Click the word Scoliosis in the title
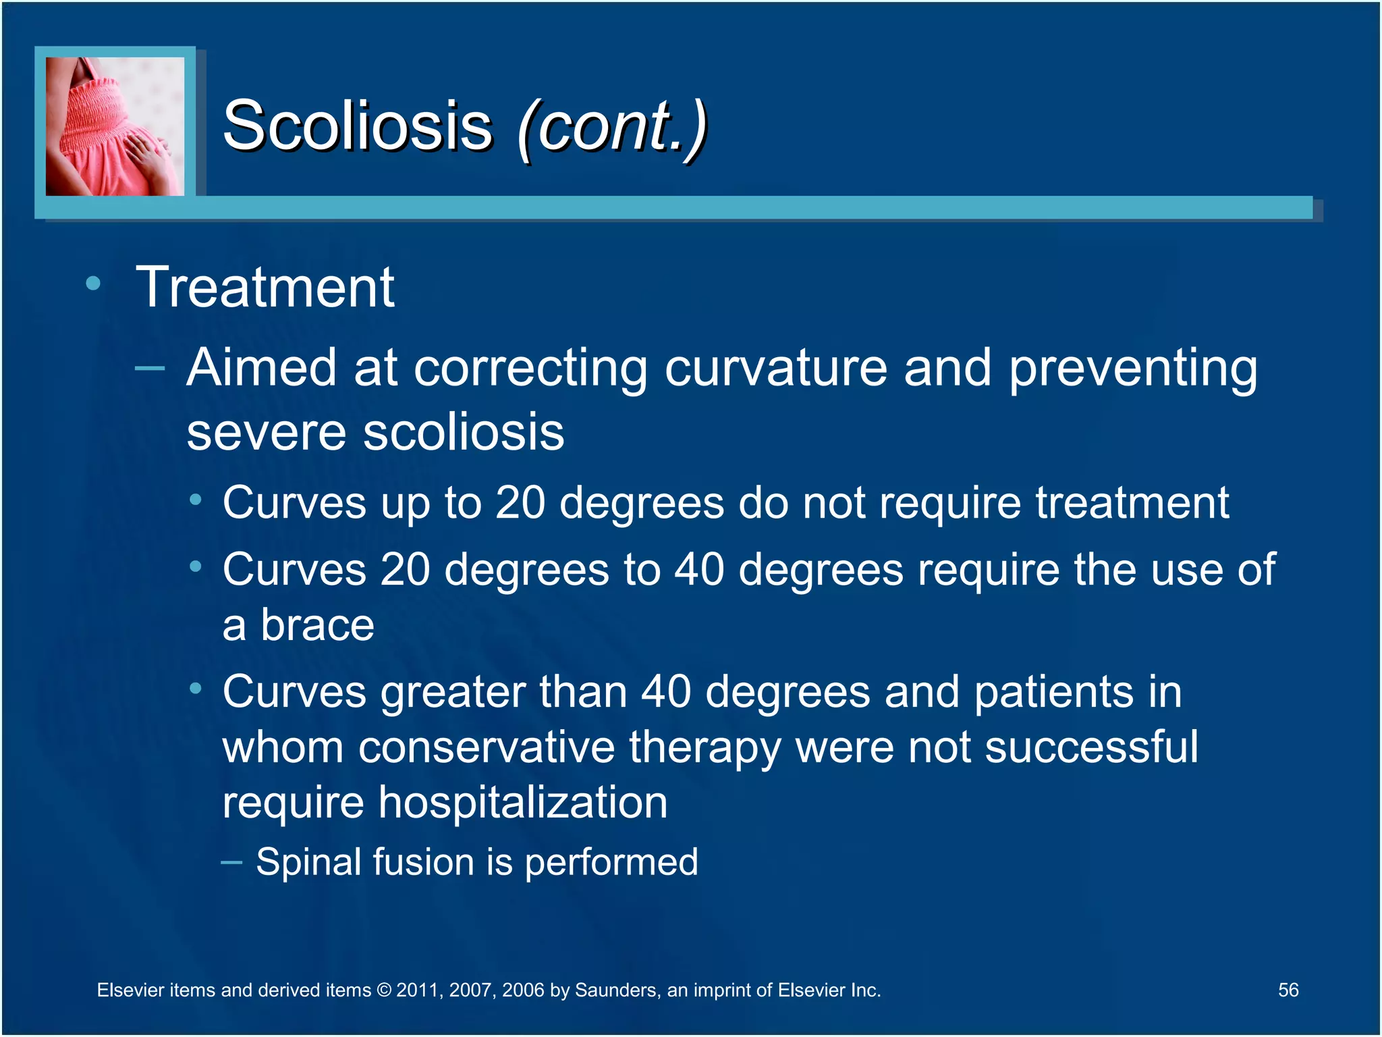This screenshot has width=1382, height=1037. pyautogui.click(x=358, y=126)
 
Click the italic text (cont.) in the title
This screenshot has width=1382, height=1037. pyautogui.click(x=613, y=127)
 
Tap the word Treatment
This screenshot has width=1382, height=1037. pyautogui.click(x=265, y=288)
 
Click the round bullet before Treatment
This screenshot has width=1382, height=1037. pyautogui.click(x=93, y=283)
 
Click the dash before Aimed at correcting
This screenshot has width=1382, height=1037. pyautogui.click(x=150, y=368)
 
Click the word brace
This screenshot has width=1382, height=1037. pyautogui.click(x=317, y=625)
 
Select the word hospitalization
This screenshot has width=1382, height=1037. pyautogui.click(x=522, y=803)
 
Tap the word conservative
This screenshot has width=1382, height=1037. pyautogui.click(x=486, y=747)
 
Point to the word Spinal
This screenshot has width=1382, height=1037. pyautogui.click(x=308, y=863)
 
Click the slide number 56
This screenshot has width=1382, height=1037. pyautogui.click(x=1288, y=990)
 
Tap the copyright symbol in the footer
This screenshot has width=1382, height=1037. pyautogui.click(x=383, y=990)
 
